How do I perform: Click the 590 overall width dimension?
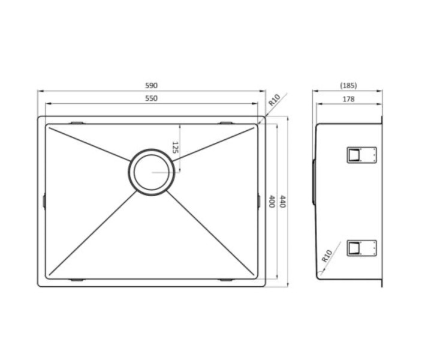pos(151,86)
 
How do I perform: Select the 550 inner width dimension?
pos(151,98)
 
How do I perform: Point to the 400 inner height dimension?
pos(272,202)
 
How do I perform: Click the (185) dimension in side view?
pos(348,86)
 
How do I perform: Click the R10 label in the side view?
pos(327,257)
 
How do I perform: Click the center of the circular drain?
pos(151,172)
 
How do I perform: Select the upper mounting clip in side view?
pos(361,155)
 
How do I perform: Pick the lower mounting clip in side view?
pos(361,247)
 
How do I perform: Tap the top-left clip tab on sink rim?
pos(77,123)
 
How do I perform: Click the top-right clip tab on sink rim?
pos(226,123)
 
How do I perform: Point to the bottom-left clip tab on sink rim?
pos(77,280)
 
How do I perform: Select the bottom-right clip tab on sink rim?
pos(226,280)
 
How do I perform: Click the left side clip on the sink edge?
pos(44,202)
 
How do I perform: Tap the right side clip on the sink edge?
pos(259,202)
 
